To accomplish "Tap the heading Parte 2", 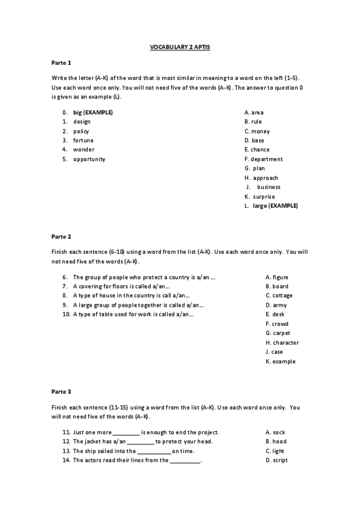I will coord(61,236).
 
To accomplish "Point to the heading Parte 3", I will coord(61,392).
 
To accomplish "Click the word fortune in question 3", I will coord(84,140).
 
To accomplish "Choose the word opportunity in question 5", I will coord(89,159).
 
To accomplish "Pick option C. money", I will coord(257,131).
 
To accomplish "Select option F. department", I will coord(263,159).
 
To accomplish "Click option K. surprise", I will coord(260,197).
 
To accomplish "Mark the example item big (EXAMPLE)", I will coord(93,112).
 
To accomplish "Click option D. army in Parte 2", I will coord(276,305).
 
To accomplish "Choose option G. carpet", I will coord(278,333).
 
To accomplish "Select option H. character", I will coord(282,343).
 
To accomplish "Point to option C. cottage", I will coord(279,296).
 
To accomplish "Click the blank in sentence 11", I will coord(126,432).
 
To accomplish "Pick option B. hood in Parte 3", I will coord(276,441).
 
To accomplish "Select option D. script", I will coord(276,460).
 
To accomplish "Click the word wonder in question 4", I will coord(84,150).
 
